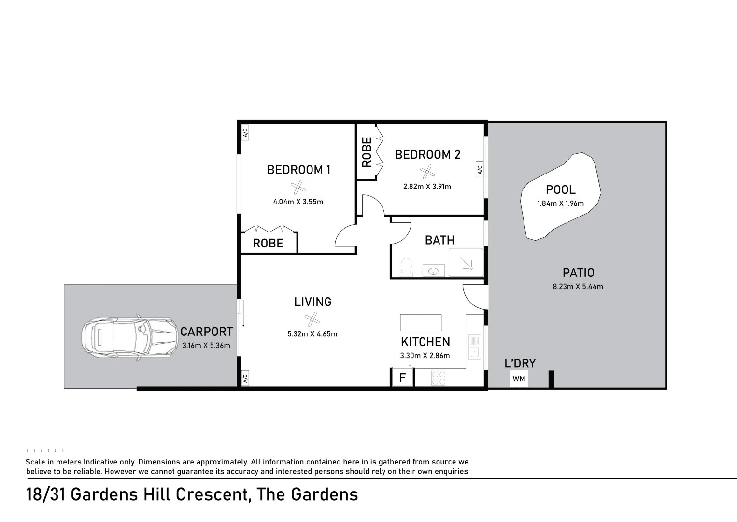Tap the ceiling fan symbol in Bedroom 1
pos(298,187)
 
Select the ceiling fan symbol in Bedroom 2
pos(426,172)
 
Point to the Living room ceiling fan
pos(312,319)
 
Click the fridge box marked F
pos(402,377)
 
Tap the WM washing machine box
pos(519,378)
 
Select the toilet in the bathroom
pos(406,267)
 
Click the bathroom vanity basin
pos(434,271)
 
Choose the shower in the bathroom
pos(466,262)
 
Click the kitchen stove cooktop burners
pos(439,377)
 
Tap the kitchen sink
pos(475,347)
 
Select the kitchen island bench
pos(421,322)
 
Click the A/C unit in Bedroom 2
pos(480,170)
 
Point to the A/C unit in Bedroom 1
pos(245,132)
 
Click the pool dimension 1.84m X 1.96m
pos(560,203)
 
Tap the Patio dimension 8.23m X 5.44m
pos(578,286)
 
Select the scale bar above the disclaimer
pos(45,450)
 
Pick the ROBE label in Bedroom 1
pos(268,243)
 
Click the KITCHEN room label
pos(425,342)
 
